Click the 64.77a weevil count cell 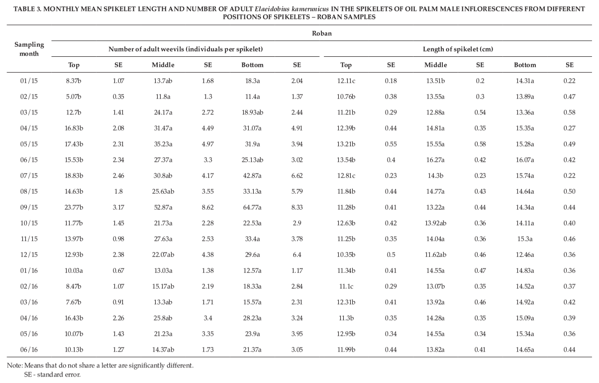(252, 207)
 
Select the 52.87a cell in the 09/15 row (163, 207)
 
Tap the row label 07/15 (29, 176)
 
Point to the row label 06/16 (29, 350)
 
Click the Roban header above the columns (322, 33)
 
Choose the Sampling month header (29, 49)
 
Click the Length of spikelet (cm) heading (458, 49)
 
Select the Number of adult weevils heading (185, 49)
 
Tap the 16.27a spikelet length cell (435, 160)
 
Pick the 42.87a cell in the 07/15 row (252, 176)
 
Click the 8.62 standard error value (208, 207)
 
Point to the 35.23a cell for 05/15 (163, 144)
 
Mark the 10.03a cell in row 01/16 (74, 270)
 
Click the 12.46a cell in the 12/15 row (525, 255)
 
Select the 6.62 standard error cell (297, 176)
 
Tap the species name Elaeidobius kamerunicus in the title (292, 9)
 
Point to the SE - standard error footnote (52, 375)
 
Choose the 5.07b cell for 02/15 (74, 97)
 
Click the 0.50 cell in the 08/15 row (569, 192)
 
